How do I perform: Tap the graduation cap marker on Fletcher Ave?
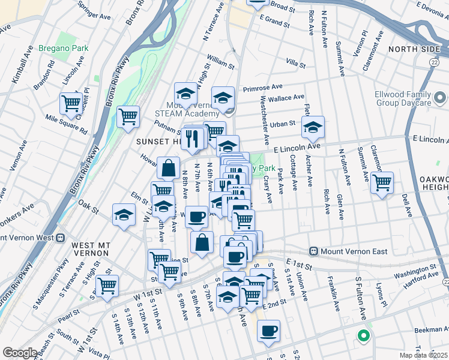312,127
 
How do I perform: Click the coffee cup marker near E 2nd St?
268,330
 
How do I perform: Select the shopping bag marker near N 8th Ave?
169,168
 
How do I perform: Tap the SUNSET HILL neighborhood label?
157,141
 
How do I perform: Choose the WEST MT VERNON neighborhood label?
90,245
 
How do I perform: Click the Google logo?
20,353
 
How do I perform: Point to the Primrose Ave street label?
262,88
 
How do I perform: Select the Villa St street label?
296,62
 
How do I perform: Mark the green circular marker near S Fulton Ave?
363,336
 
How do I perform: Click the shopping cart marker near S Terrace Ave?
107,286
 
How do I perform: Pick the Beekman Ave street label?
431,329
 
